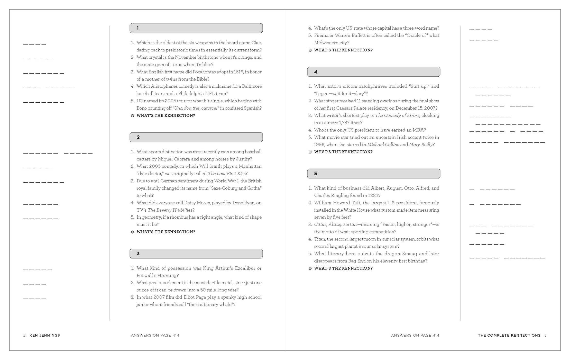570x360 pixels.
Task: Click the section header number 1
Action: coord(138,28)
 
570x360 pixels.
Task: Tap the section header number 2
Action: coord(138,137)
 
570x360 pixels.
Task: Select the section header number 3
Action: coord(138,254)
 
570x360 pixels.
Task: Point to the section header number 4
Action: coord(316,72)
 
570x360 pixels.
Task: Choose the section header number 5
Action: coord(316,174)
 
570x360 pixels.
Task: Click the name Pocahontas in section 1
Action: coord(204,72)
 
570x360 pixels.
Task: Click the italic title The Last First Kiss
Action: coord(227,174)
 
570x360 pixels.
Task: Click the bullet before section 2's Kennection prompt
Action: coord(133,232)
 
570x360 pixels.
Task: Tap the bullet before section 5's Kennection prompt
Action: coord(310,268)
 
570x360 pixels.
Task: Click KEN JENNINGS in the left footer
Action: coord(45,335)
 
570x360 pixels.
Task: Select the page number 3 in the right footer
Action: coord(545,335)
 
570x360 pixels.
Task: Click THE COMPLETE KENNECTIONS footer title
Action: coord(509,335)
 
